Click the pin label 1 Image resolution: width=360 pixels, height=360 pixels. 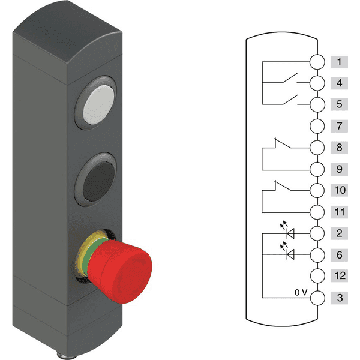339,62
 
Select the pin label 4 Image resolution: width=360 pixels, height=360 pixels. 339,83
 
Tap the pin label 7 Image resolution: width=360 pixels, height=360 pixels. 339,126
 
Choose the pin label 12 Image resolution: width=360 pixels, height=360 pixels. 339,277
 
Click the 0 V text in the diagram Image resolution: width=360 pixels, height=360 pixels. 301,292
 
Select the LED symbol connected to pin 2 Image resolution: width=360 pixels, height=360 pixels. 291,233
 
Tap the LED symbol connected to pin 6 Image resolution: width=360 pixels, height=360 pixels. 291,254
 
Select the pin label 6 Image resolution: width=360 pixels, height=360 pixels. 339,255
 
